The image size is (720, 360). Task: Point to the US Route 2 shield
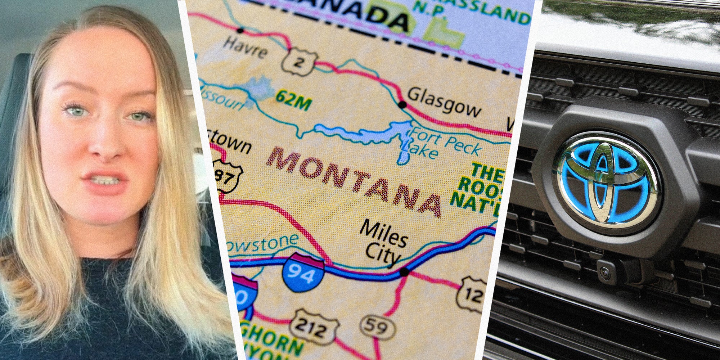click(x=299, y=62)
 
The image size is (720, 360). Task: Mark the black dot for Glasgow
click(x=402, y=105)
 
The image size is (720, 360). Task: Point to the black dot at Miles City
click(x=404, y=272)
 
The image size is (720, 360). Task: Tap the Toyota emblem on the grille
click(x=608, y=182)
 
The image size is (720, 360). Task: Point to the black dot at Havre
click(x=240, y=30)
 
